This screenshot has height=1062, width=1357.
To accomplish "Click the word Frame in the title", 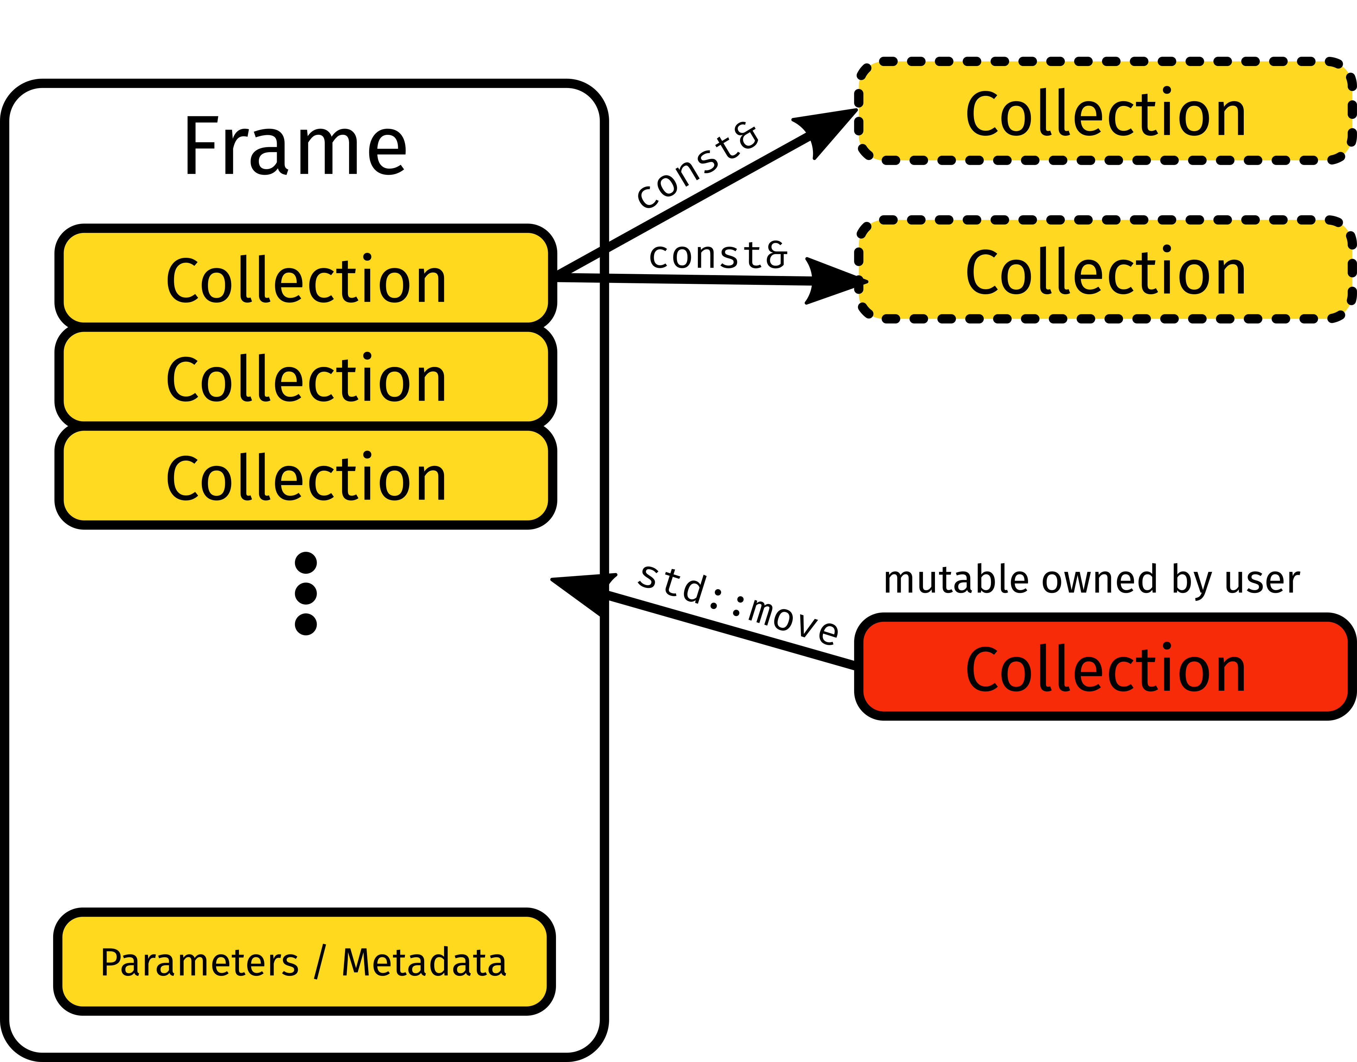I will coord(295,147).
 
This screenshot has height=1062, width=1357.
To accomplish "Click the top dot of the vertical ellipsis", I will coord(305,563).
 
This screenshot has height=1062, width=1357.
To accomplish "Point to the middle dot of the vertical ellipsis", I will coord(305,593).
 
